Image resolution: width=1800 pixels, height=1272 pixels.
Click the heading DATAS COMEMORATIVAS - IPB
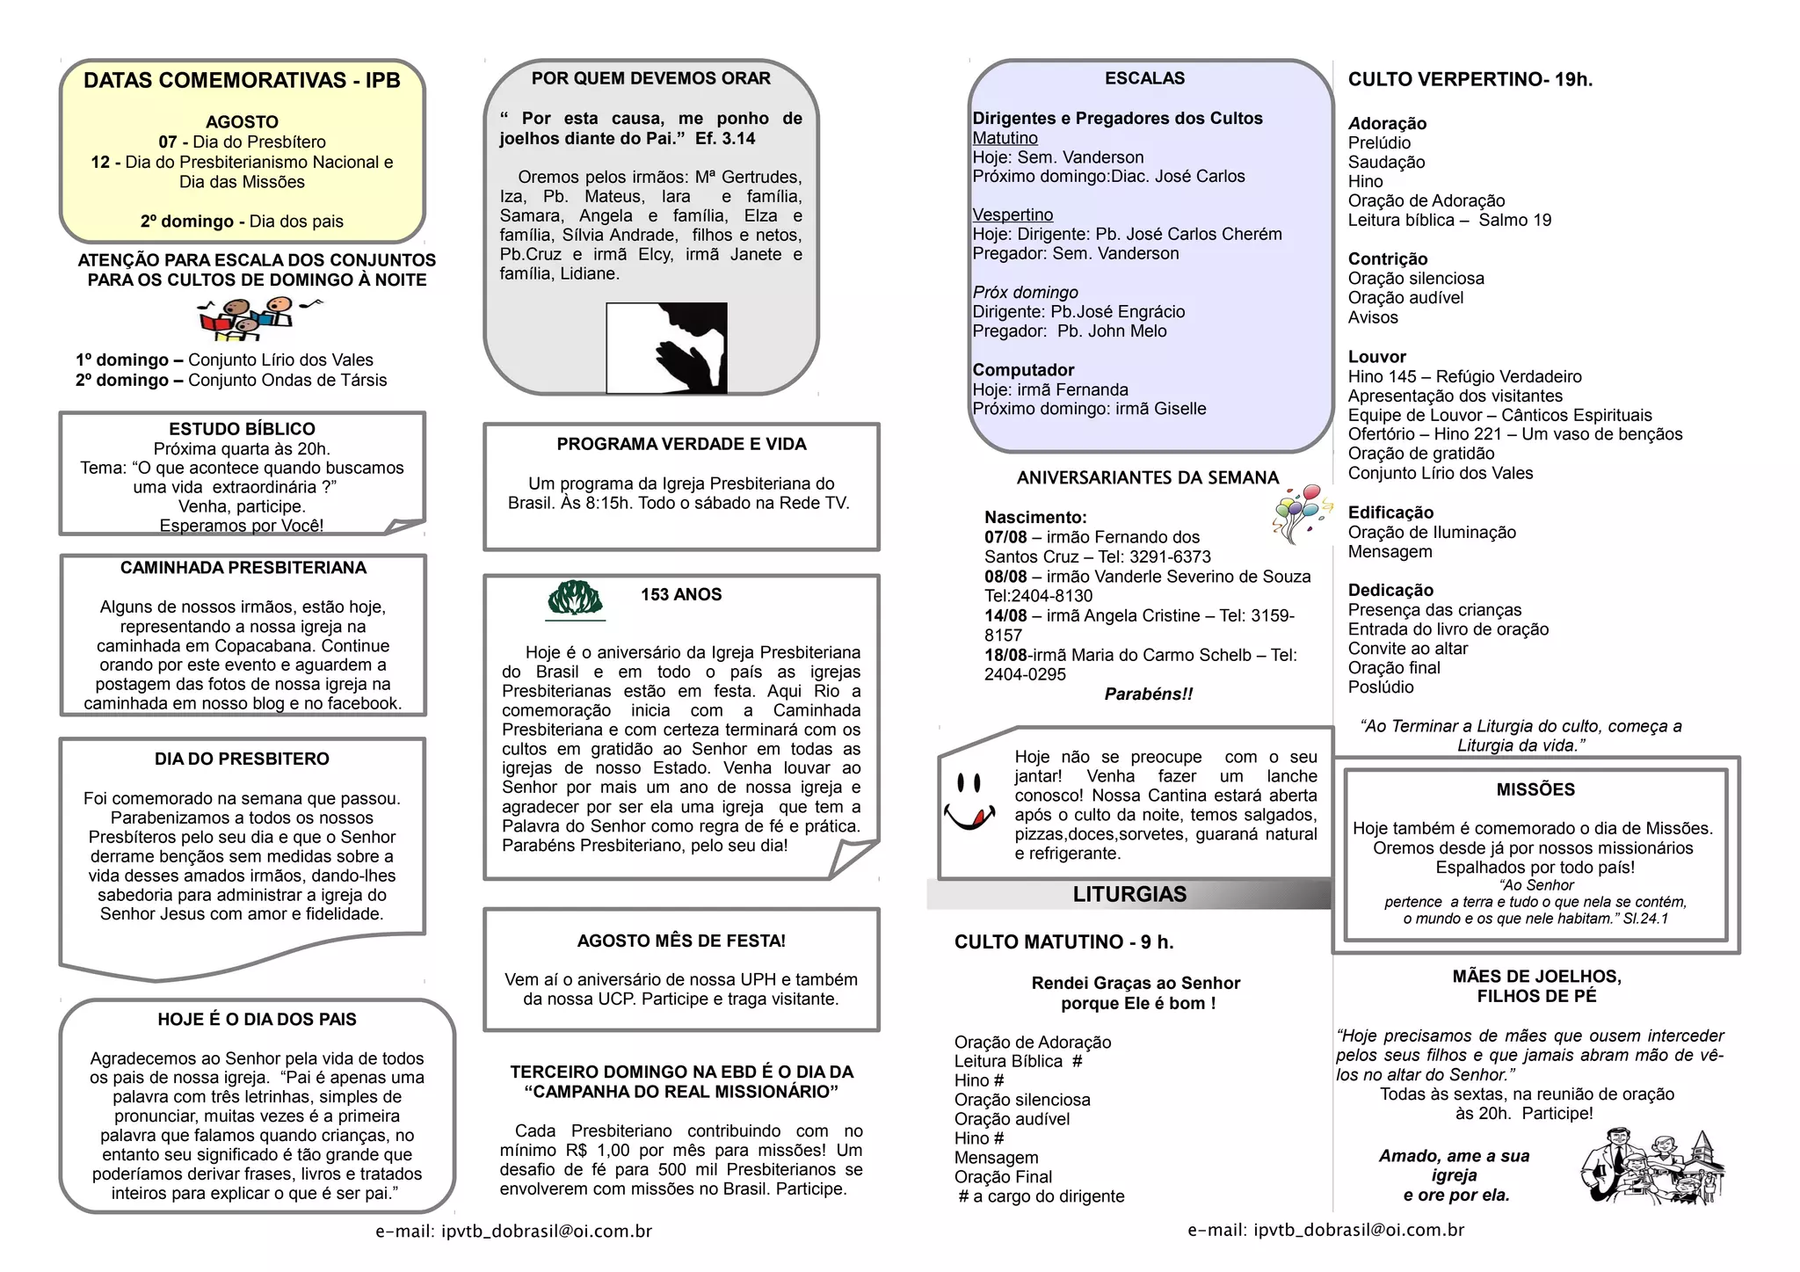click(x=242, y=81)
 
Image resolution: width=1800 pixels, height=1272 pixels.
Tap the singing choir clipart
click(x=255, y=319)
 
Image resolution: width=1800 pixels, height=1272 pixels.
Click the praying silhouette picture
click(x=667, y=347)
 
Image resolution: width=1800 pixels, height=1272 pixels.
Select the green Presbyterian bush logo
click(x=575, y=599)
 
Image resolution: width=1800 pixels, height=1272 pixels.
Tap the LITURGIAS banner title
click(x=1129, y=895)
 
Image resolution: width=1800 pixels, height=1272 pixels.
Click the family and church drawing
click(x=1652, y=1167)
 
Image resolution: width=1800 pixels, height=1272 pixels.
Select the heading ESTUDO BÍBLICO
click(x=242, y=429)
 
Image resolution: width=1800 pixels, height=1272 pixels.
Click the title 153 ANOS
click(x=681, y=595)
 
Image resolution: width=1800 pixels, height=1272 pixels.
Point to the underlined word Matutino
click(x=1005, y=138)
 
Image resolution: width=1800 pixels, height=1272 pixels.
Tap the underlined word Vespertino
click(x=1012, y=215)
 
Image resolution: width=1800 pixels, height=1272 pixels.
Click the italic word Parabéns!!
click(x=1149, y=694)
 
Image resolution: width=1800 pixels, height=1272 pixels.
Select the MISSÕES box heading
click(x=1535, y=790)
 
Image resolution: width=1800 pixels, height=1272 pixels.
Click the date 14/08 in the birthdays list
click(x=1005, y=616)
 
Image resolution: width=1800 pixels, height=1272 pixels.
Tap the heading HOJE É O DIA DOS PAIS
click(x=257, y=1020)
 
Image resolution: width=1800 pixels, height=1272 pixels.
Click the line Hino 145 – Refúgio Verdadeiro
click(x=1464, y=377)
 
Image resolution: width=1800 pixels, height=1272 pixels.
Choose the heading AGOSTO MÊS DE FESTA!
click(x=681, y=941)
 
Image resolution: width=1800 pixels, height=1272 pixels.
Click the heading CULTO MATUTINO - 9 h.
click(x=1063, y=942)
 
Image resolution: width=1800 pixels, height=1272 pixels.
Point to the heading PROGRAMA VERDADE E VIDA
click(x=681, y=445)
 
